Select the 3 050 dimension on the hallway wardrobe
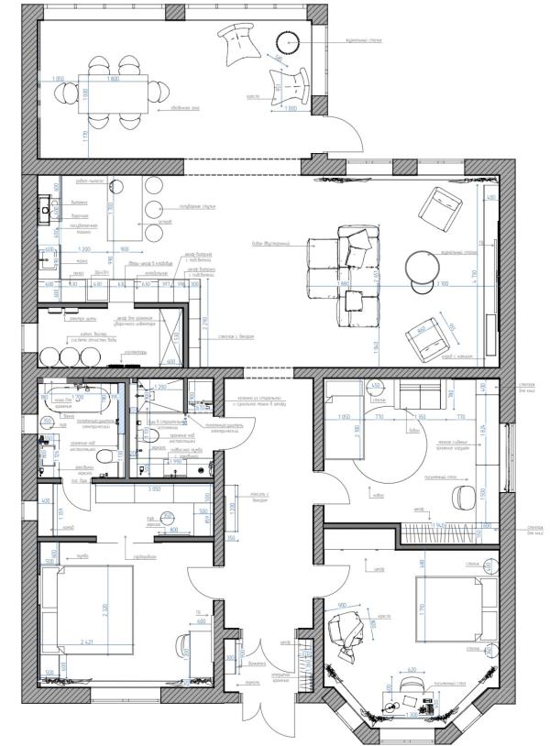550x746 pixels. pyautogui.click(x=150, y=489)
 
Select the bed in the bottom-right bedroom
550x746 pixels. pyautogui.click(x=455, y=607)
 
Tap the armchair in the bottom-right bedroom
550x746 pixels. pyautogui.click(x=346, y=632)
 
